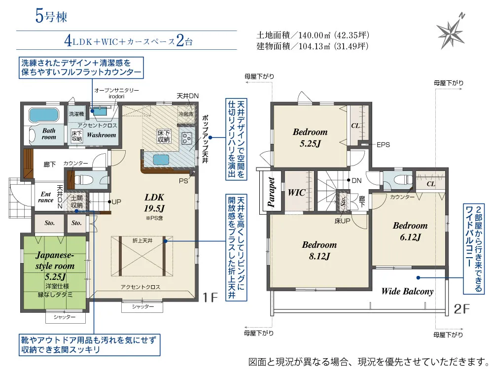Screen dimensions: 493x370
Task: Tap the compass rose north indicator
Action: point(451,32)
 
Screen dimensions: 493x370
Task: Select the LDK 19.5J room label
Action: point(154,202)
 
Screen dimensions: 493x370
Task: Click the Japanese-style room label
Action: point(55,261)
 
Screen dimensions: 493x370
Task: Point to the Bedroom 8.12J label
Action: point(319,250)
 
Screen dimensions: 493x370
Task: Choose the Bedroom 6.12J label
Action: point(410,231)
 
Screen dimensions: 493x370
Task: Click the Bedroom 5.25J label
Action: point(310,137)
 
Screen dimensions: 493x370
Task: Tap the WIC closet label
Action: point(296,192)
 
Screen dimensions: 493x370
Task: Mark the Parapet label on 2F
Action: point(271,192)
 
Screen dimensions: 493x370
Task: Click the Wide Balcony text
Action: point(407,291)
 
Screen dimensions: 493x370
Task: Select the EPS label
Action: point(383,145)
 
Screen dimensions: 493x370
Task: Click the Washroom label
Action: point(101,135)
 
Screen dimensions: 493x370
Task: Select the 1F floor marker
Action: point(211,297)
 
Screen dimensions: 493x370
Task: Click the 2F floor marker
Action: point(462,309)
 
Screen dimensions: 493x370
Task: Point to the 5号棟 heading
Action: point(51,16)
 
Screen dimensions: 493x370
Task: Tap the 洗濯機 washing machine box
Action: point(76,114)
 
